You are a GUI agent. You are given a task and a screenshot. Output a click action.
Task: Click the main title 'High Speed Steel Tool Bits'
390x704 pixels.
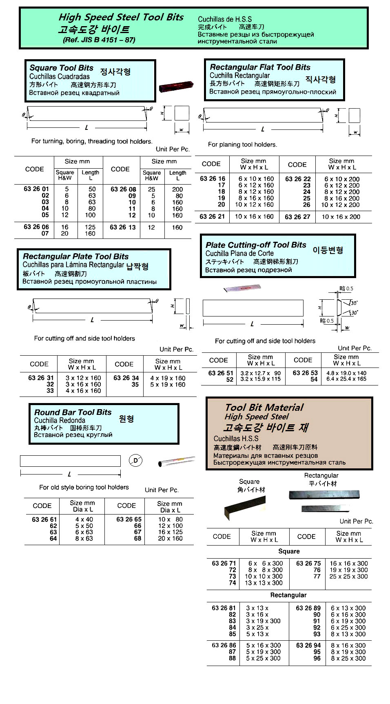(x=121, y=17)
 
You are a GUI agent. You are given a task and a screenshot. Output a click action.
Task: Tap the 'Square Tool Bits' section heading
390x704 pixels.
(x=61, y=68)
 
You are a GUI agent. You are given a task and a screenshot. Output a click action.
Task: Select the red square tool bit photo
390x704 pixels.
(x=176, y=87)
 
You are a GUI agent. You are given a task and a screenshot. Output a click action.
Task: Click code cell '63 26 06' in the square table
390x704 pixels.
(x=36, y=227)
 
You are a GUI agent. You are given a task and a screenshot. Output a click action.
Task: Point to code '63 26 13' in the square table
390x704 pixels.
(x=123, y=227)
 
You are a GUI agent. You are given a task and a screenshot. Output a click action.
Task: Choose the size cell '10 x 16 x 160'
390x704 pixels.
(x=254, y=216)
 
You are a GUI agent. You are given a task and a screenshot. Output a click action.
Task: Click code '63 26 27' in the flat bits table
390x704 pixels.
(x=297, y=217)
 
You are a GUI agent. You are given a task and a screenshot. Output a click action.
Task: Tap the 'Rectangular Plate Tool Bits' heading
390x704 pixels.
(x=75, y=256)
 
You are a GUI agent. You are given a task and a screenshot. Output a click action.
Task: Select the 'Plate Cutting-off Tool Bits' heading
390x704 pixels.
(x=256, y=245)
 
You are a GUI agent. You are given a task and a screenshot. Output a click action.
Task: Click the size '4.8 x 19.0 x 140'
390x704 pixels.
(x=346, y=373)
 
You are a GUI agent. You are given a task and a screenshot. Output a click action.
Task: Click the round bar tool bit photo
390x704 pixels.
(x=177, y=461)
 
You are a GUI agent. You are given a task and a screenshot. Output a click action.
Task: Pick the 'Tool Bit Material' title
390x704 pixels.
(x=264, y=408)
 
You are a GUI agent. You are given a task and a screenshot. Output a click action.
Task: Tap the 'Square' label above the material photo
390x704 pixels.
(x=249, y=482)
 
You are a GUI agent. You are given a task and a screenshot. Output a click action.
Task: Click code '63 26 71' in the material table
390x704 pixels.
(x=224, y=564)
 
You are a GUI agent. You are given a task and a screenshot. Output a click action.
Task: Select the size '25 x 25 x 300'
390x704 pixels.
(x=348, y=577)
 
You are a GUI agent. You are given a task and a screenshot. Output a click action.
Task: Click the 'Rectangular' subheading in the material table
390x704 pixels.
(x=288, y=595)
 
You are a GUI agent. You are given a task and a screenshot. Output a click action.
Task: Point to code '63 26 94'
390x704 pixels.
(x=308, y=646)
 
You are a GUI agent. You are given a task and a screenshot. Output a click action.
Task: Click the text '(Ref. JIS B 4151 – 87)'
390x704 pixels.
(x=99, y=40)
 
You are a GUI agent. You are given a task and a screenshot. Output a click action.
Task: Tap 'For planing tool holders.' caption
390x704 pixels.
(x=242, y=145)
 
